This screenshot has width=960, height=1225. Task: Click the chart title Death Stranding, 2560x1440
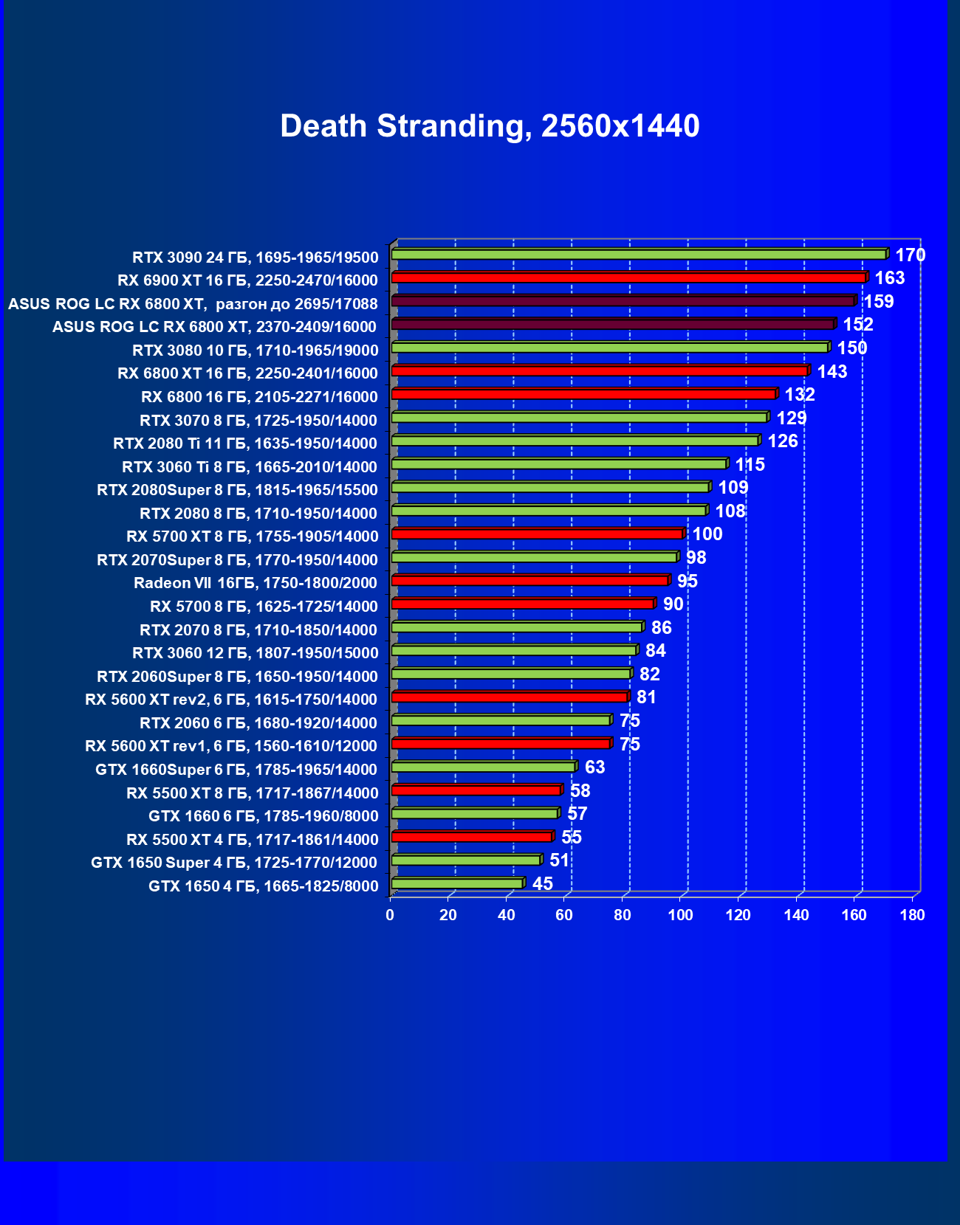(x=490, y=126)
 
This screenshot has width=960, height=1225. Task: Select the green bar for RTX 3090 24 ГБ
(x=639, y=255)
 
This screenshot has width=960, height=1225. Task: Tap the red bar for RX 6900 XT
(x=628, y=278)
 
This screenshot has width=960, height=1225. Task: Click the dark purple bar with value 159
(x=623, y=301)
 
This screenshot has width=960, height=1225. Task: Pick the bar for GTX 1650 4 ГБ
(x=457, y=883)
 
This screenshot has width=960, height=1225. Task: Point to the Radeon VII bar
(x=529, y=581)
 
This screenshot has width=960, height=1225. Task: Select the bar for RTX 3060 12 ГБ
(x=514, y=650)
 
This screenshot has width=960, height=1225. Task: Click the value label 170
(x=910, y=255)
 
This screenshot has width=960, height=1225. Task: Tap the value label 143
(x=832, y=372)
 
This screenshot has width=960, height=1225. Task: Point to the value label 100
(x=707, y=534)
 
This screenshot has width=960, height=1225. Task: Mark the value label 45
(x=542, y=884)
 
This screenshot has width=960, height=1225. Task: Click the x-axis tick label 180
(x=912, y=916)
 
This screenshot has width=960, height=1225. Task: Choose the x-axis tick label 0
(x=390, y=916)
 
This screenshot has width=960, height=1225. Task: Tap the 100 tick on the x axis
(x=680, y=916)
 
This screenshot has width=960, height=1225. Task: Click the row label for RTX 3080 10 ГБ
(x=255, y=351)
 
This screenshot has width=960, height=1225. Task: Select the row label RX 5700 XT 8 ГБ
(x=252, y=536)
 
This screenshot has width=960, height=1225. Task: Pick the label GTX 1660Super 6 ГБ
(x=236, y=770)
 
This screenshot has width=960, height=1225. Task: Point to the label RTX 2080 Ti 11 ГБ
(x=245, y=444)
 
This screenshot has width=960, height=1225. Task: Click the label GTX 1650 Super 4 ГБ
(x=233, y=863)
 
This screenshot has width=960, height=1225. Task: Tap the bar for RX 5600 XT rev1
(x=501, y=744)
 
